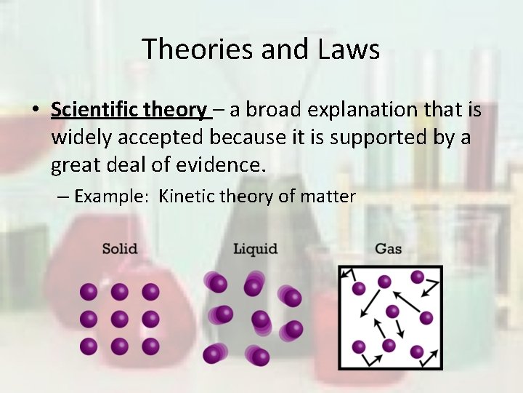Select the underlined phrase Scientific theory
(x=129, y=110)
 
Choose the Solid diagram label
(x=120, y=249)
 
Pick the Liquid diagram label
(x=255, y=249)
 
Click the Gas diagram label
(x=388, y=249)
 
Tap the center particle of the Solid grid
(x=120, y=319)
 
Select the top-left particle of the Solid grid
(x=89, y=292)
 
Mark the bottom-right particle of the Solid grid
(x=150, y=346)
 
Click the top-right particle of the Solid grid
(x=150, y=292)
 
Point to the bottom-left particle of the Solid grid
(x=89, y=346)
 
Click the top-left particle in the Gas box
(x=359, y=288)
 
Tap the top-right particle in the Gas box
(x=417, y=277)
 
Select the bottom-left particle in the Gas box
(x=359, y=346)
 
